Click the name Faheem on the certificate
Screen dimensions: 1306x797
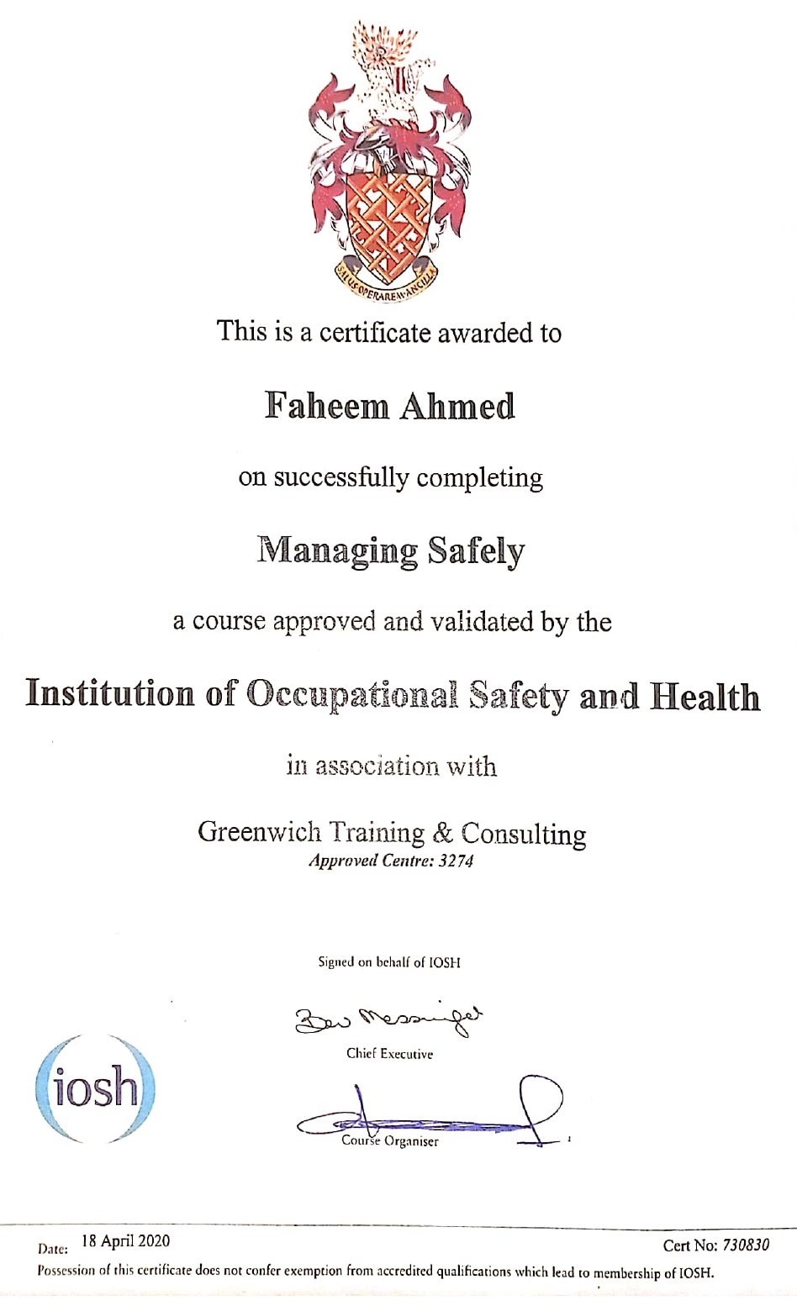tap(327, 406)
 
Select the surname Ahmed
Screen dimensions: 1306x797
tap(456, 406)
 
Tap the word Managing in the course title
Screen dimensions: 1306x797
tap(337, 551)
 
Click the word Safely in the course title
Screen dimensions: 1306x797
tap(476, 551)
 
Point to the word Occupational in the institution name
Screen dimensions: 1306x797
tap(351, 695)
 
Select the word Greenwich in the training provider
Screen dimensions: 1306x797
tap(259, 832)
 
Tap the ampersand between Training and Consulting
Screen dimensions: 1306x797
tap(442, 833)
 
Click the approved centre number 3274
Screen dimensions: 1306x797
tap(456, 861)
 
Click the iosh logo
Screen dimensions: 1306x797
tap(96, 1088)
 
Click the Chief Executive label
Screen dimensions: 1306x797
tap(389, 1053)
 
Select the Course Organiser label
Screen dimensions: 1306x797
tap(389, 1141)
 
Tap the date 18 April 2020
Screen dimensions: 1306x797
tap(125, 1240)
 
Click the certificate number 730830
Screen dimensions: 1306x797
tap(746, 1245)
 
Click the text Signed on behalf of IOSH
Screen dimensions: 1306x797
tap(388, 962)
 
